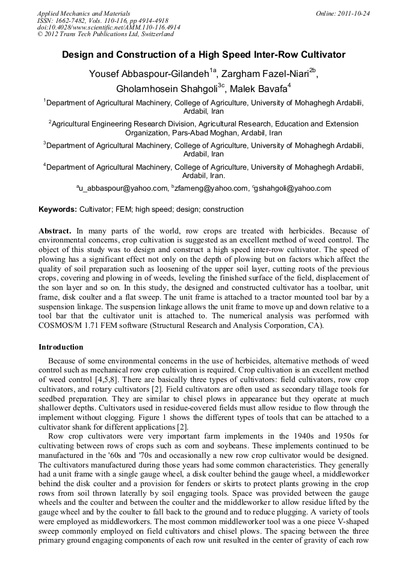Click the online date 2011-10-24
tap(354, 13)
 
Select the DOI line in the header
tap(108, 27)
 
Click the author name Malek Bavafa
tap(258, 88)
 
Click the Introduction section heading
tap(61, 347)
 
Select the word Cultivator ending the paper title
tap(323, 55)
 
